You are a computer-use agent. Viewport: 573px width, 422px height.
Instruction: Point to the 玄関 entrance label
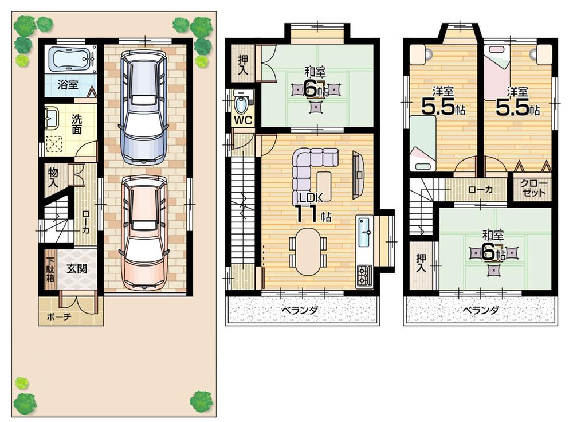click(x=76, y=268)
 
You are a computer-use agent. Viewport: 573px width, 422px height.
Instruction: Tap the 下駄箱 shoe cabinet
click(x=49, y=269)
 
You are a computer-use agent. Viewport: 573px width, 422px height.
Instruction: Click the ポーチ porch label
click(x=59, y=316)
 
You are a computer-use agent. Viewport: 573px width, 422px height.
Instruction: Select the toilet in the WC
click(x=242, y=104)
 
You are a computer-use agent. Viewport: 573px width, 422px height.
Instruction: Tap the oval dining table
click(x=308, y=251)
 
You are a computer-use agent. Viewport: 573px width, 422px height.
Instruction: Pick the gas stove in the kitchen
click(x=364, y=276)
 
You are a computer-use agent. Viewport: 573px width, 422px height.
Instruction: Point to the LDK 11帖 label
click(x=312, y=207)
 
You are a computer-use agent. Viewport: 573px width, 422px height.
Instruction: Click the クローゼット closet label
click(x=534, y=189)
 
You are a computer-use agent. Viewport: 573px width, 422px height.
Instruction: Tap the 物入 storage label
click(x=53, y=178)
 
